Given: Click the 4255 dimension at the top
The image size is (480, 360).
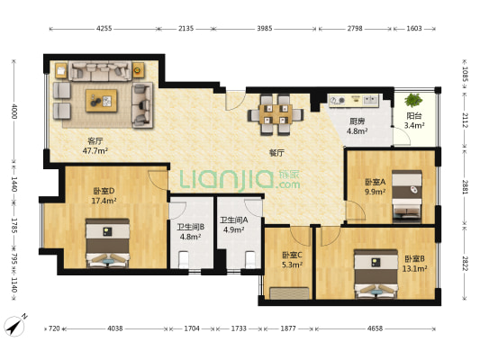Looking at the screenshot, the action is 104,29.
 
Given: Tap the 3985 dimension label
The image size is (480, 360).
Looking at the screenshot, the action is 265,29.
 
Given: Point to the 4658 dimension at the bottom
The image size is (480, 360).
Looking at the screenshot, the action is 375,328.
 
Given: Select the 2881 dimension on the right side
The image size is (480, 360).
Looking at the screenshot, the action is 465,187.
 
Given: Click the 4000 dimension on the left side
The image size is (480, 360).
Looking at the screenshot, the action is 14,112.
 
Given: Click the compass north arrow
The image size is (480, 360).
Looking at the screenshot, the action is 14,326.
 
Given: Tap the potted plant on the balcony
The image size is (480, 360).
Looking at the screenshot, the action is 413,100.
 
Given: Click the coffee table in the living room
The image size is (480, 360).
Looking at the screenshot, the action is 102,100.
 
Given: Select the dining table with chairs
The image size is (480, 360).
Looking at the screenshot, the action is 276,114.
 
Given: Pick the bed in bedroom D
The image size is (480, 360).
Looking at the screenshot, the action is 107,243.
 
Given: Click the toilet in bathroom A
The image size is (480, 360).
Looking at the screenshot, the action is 250,259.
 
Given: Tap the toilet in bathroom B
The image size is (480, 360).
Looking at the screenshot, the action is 184,259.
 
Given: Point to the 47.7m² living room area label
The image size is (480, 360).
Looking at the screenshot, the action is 95,150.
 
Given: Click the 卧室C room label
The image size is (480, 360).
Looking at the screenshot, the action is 293,255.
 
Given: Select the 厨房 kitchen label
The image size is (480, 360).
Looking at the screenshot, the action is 357,121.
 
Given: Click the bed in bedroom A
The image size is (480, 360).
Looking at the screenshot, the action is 407,197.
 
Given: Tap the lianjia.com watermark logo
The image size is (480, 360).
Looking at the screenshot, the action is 240,181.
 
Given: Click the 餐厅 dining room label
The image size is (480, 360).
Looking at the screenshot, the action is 276,153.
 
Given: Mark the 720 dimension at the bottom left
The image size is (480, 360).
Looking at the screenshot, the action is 54,328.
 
